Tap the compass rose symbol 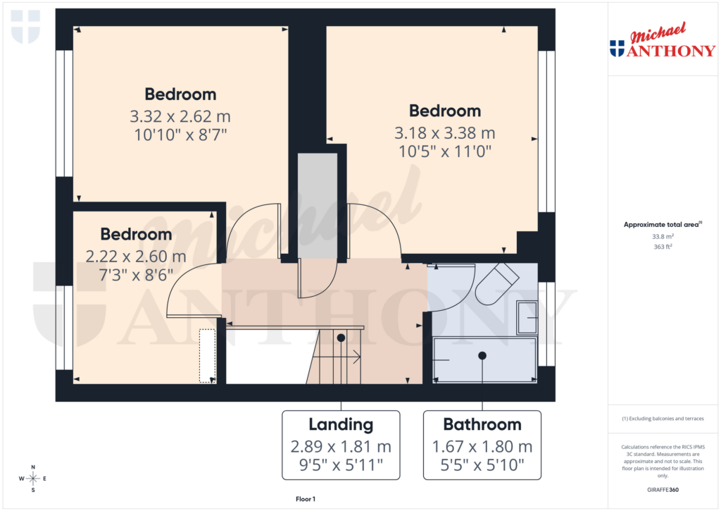tap(33, 479)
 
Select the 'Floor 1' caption tap(305, 499)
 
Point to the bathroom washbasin tap(527, 317)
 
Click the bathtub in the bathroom tap(483, 359)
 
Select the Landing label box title tap(341, 424)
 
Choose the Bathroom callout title tap(482, 424)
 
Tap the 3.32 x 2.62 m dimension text tap(180, 116)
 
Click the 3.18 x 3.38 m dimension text tap(445, 133)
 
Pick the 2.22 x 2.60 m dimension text tap(136, 256)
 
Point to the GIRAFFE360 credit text tap(662, 490)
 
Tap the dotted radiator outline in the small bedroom tap(208, 355)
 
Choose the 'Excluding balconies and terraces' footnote tap(662, 419)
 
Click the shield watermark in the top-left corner tap(25, 27)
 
